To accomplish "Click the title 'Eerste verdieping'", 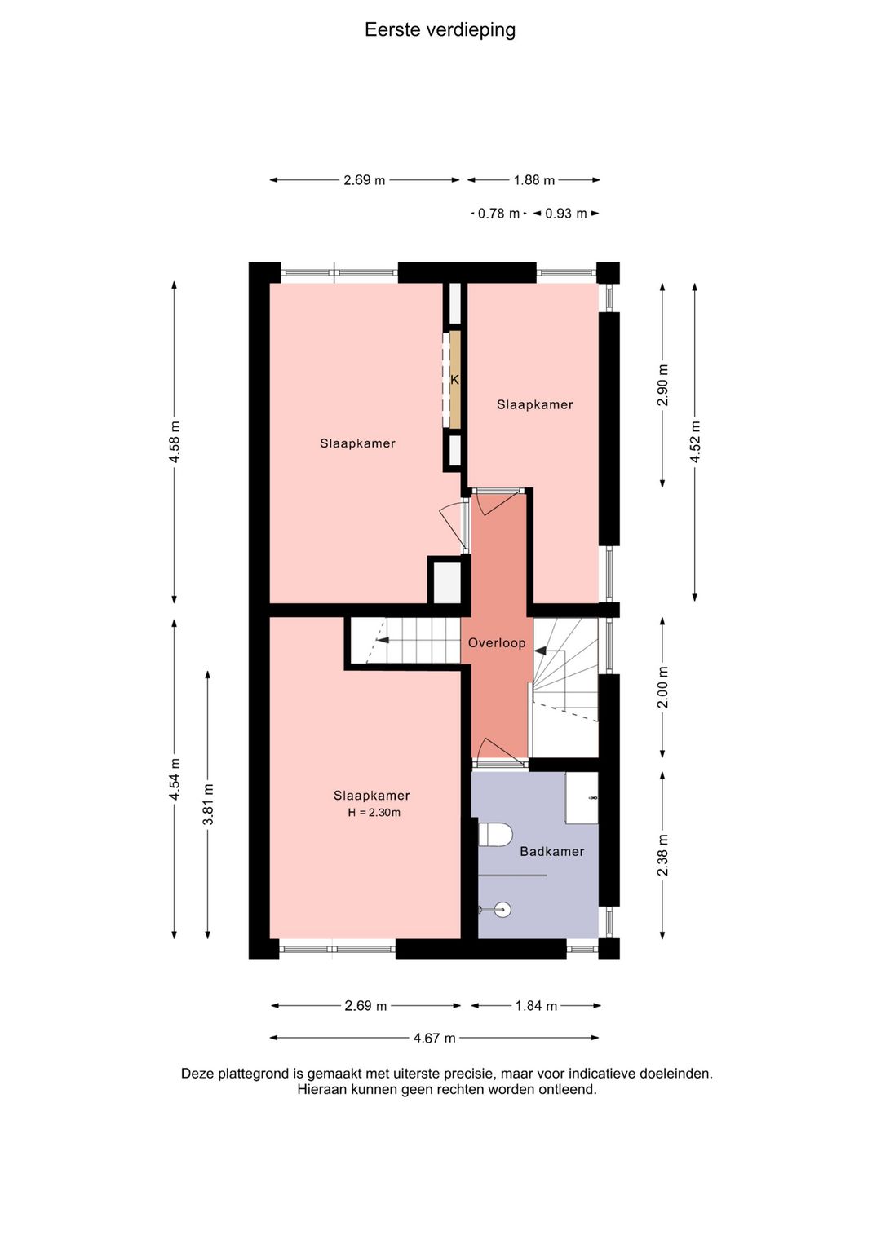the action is tap(440, 30).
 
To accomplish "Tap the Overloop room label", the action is tap(496, 643).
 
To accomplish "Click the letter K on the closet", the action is tap(454, 380).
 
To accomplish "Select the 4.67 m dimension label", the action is tap(435, 1038).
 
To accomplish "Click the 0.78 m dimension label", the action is tap(498, 214).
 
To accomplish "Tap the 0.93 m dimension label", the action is tap(566, 214).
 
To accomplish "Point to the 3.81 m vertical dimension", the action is tap(209, 805).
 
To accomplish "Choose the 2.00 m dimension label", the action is tap(662, 687).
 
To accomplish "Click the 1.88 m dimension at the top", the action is tap(534, 180).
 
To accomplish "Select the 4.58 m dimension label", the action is tap(175, 442).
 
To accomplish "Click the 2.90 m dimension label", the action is tap(662, 386).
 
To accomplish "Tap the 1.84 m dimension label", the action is tap(537, 1006).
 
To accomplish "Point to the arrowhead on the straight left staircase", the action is tap(381, 640).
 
